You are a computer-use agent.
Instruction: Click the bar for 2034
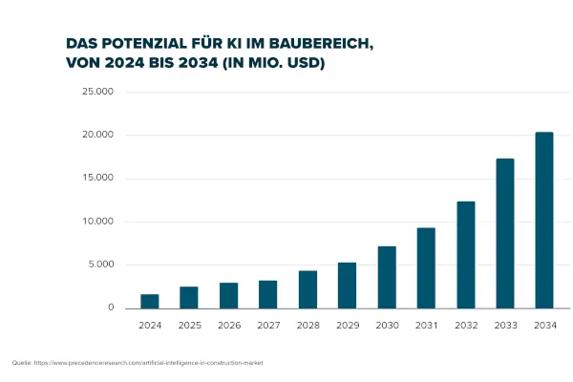click(543, 221)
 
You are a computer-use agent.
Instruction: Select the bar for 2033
click(504, 234)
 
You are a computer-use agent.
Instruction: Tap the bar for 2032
click(465, 255)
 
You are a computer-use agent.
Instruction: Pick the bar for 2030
click(386, 277)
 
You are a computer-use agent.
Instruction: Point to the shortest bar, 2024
click(150, 301)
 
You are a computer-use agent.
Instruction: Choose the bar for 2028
click(308, 289)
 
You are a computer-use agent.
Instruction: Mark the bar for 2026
click(228, 295)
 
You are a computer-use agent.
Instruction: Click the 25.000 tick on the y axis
click(98, 92)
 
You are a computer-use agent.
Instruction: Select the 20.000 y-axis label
click(98, 135)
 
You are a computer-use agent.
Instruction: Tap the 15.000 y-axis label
click(98, 179)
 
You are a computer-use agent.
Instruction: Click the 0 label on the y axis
click(111, 308)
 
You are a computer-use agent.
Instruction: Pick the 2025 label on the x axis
click(189, 325)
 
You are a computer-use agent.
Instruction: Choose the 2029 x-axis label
click(347, 325)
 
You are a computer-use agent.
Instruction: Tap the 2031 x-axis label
click(426, 325)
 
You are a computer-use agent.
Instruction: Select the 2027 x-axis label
click(268, 325)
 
